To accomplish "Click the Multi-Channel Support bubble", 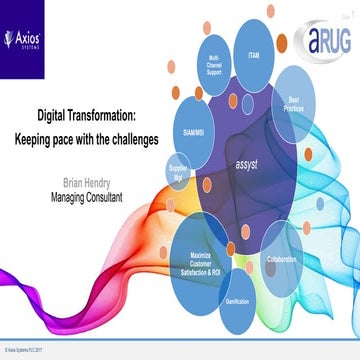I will coord(212,71).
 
